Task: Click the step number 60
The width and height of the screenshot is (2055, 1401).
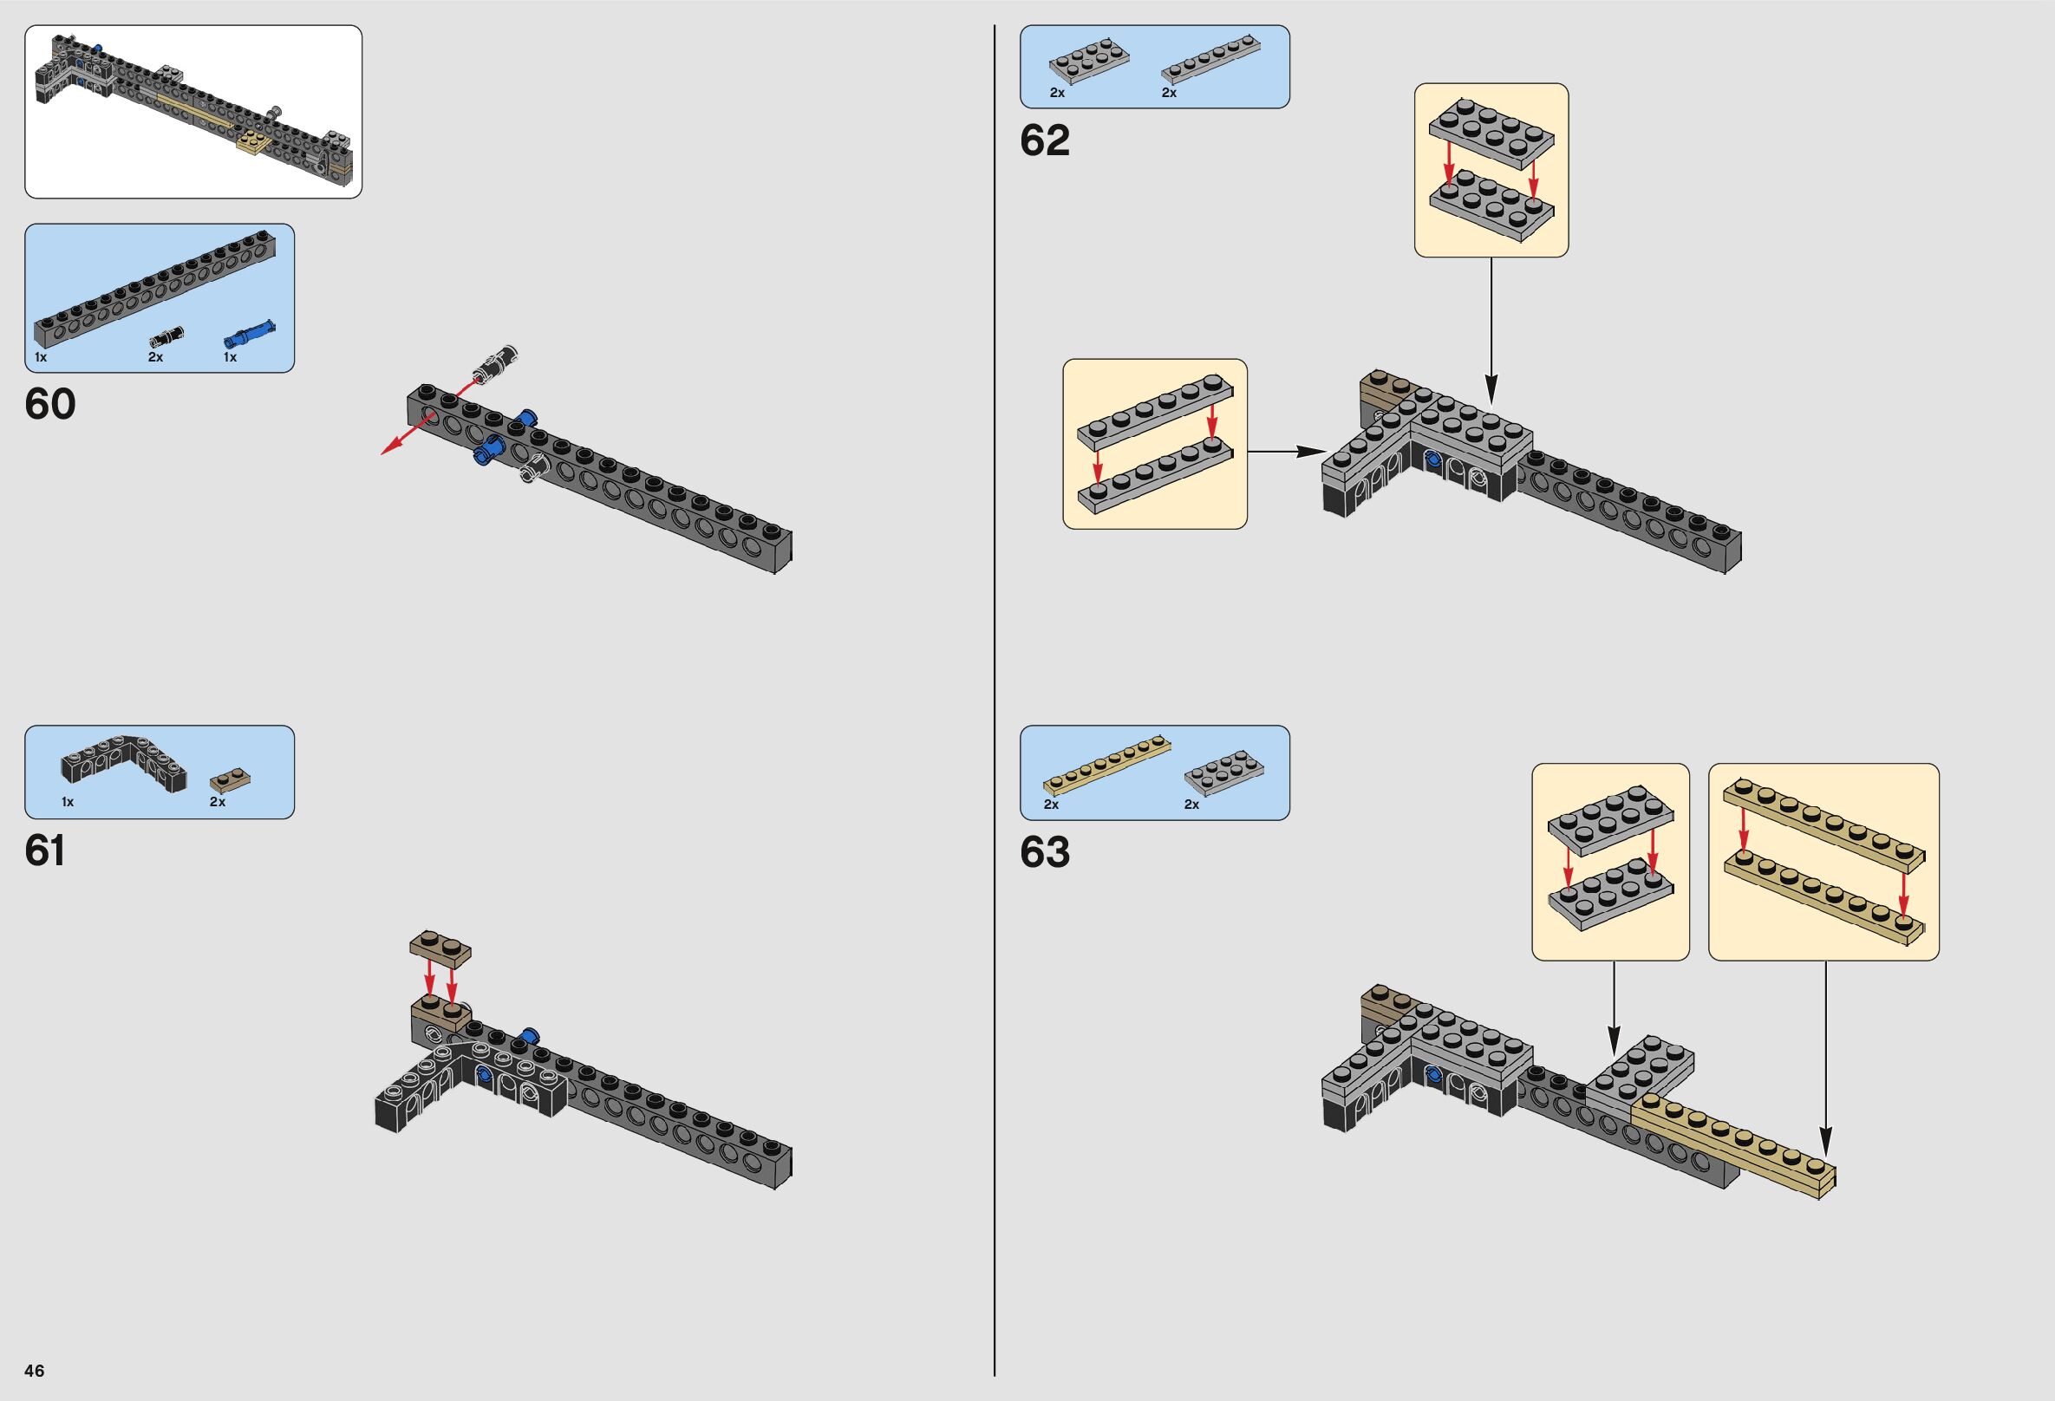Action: (x=50, y=405)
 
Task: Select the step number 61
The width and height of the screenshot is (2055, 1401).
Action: (x=45, y=852)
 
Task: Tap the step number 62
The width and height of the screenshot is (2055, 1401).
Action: (x=1044, y=140)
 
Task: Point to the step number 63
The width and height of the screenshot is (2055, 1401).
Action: (x=1044, y=853)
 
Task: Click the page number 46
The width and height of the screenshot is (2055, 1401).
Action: (x=35, y=1371)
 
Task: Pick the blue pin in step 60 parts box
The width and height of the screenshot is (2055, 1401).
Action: (x=249, y=334)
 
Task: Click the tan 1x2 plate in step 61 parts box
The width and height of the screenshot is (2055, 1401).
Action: (x=232, y=781)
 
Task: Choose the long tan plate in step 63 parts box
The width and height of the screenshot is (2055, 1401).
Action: (x=1107, y=773)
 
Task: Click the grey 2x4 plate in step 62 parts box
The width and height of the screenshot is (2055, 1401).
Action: (x=1088, y=63)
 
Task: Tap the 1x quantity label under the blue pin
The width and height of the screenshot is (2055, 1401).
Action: (x=230, y=358)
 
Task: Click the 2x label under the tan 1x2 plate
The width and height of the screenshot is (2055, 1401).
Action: (x=218, y=803)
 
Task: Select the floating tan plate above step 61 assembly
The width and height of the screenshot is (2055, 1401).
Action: (x=440, y=950)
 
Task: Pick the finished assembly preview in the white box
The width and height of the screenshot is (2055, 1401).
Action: (x=192, y=110)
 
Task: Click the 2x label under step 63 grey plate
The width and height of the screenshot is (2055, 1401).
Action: (x=1192, y=805)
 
